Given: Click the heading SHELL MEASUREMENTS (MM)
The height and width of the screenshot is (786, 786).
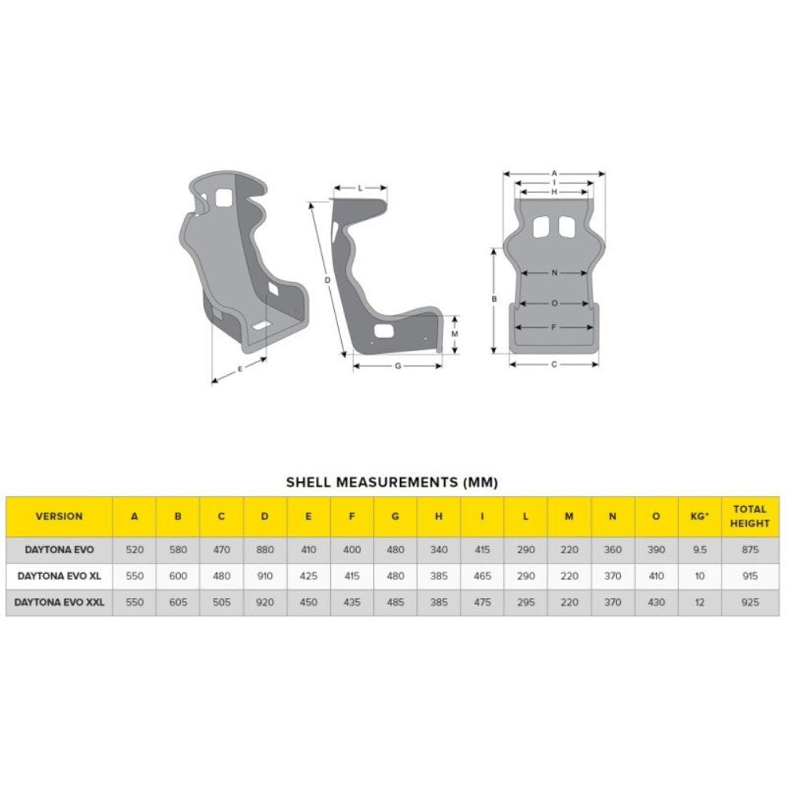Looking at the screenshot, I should (x=391, y=482).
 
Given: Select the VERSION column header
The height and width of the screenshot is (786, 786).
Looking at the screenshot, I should (x=59, y=516).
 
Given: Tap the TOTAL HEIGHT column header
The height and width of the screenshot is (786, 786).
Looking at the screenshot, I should (x=749, y=516).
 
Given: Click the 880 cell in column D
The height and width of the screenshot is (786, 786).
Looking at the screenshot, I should (x=265, y=549).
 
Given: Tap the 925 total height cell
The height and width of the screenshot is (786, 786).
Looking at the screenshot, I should (x=749, y=602).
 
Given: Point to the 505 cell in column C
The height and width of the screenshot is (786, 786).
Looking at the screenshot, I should (x=222, y=602).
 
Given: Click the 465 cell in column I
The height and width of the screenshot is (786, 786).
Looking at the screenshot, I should (x=483, y=576).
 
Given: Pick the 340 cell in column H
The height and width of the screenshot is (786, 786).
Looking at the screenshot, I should (x=439, y=549).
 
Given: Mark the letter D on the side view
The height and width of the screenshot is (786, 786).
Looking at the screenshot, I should (x=326, y=280).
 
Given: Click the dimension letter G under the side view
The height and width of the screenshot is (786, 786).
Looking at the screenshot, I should (x=397, y=365).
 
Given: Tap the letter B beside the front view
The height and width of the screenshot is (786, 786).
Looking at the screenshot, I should (x=494, y=299).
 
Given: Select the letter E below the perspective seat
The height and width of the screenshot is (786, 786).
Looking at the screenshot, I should (x=240, y=368).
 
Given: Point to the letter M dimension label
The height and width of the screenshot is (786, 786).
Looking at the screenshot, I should (x=455, y=333).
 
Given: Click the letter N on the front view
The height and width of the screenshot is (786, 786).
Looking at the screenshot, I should (x=553, y=274).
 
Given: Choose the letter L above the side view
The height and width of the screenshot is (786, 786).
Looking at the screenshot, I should (x=360, y=188).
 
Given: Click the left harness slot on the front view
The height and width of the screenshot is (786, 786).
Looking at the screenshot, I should (x=542, y=226).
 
